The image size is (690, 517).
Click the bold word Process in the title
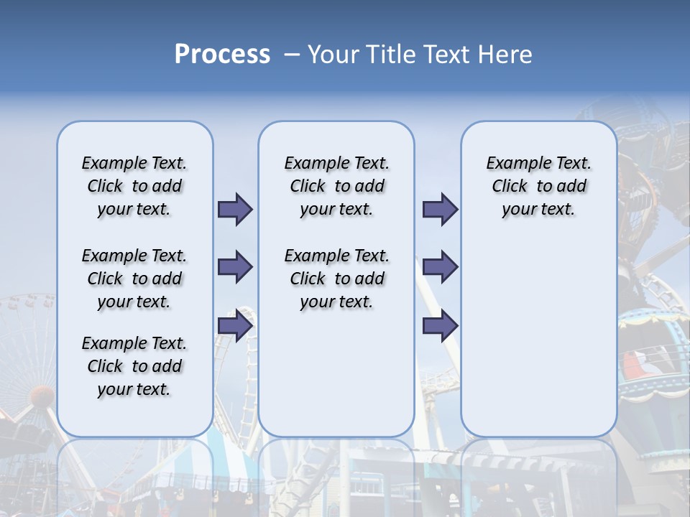222,55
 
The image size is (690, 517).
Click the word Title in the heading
389,55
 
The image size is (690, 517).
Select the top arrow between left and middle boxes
235,209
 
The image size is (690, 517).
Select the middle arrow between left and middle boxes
235,267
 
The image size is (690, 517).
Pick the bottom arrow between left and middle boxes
235,326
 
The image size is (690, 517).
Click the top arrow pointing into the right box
440,209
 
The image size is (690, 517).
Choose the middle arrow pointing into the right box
440,267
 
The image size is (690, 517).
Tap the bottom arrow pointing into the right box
440,326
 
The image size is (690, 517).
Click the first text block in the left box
134,186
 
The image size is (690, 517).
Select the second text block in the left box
134,279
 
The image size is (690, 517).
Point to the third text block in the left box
134,366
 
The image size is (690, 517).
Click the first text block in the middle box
336,186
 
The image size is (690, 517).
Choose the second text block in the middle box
336,279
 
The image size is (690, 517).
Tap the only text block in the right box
538,186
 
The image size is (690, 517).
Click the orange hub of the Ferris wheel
42,394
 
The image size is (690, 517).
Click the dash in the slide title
292,55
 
